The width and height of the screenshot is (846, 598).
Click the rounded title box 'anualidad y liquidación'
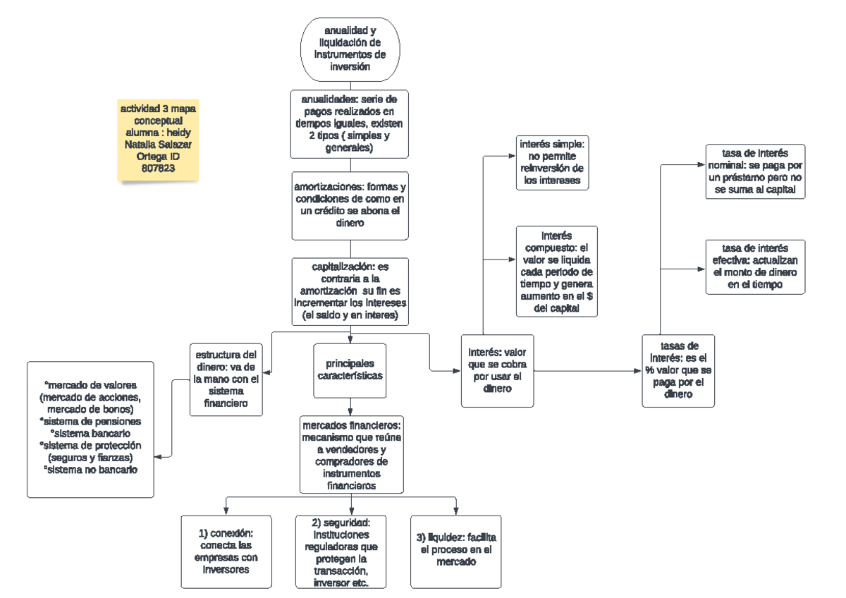coord(351,49)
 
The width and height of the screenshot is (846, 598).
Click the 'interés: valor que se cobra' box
coord(497,371)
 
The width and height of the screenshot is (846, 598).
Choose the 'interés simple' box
coord(551,162)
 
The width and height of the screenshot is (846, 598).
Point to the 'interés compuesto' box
coord(556,271)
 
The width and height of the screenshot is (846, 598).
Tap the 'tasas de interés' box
coord(678,370)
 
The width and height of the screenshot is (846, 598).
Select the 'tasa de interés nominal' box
coord(755,173)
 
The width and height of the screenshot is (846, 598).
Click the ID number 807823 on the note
coord(157,169)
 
